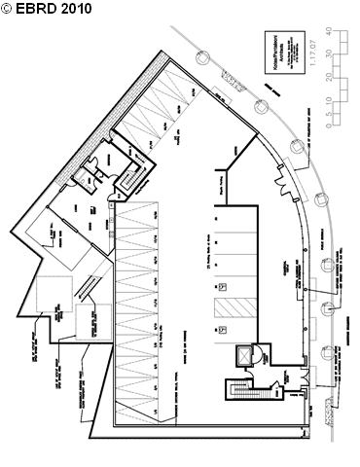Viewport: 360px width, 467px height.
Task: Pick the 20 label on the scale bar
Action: click(342, 76)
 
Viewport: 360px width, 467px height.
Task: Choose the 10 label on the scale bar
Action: click(342, 99)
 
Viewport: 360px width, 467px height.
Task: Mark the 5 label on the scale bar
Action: click(342, 111)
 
